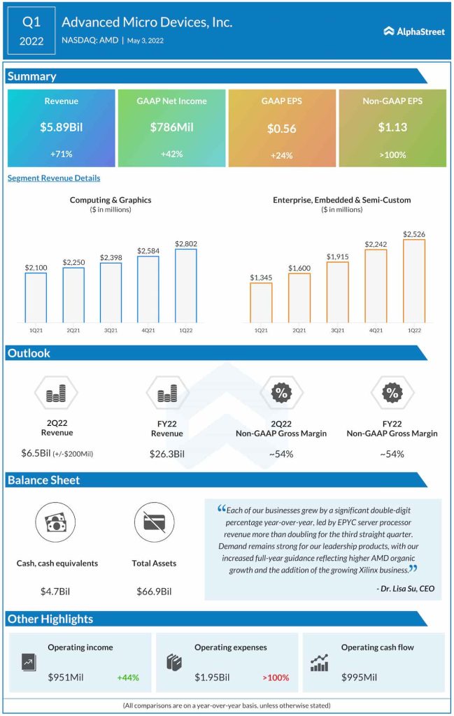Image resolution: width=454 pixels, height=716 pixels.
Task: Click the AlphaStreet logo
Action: click(413, 31)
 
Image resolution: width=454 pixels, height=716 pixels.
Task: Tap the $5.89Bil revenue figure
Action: click(61, 127)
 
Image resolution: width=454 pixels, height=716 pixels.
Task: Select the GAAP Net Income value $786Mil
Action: click(171, 127)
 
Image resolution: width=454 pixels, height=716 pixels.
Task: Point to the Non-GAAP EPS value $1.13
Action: click(392, 127)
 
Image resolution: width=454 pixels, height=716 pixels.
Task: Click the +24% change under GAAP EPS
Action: click(282, 154)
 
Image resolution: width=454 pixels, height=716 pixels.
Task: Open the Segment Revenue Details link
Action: click(54, 178)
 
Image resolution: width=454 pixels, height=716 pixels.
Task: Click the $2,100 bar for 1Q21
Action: click(36, 297)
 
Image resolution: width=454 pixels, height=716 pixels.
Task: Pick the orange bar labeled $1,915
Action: click(337, 292)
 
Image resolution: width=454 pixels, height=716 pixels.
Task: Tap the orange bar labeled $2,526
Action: click(413, 280)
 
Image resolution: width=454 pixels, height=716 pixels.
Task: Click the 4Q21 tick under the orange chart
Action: click(376, 329)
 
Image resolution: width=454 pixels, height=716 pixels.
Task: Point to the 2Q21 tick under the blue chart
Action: click(73, 329)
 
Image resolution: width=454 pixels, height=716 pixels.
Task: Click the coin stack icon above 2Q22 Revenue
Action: click(55, 395)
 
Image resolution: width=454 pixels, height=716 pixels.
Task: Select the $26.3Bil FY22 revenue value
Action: click(167, 454)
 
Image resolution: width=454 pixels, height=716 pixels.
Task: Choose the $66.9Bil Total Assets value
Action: click(154, 591)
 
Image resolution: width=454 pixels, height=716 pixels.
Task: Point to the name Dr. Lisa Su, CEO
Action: click(404, 589)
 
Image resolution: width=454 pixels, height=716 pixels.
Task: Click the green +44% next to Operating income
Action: click(129, 677)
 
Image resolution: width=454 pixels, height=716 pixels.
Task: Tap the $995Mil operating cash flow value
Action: click(360, 677)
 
